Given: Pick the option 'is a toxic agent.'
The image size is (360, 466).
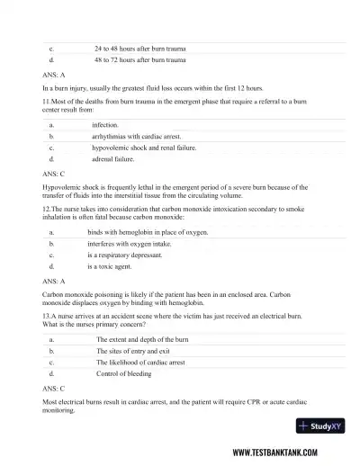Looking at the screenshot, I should [x=109, y=266].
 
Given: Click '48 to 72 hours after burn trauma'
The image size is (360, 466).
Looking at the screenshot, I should [x=139, y=59].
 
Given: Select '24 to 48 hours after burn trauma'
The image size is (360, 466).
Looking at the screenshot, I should [x=139, y=48].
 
